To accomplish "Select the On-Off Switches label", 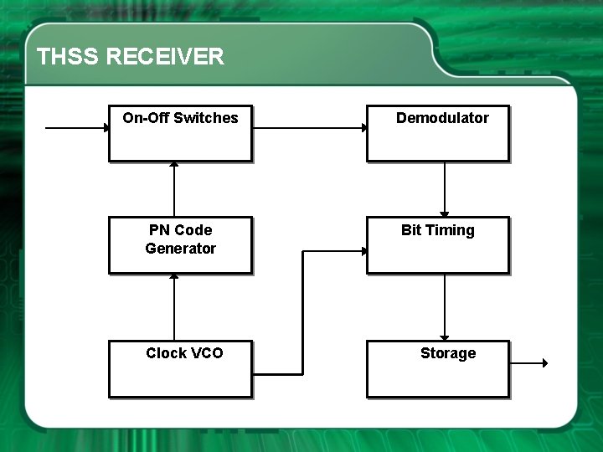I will (180, 118).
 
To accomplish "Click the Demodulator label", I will (442, 118).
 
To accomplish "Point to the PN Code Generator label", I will (180, 239).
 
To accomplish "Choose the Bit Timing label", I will (437, 230).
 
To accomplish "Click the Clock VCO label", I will (184, 353).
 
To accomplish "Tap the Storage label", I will (447, 353).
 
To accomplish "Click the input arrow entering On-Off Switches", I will (76, 128).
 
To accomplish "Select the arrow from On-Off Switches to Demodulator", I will (309, 128).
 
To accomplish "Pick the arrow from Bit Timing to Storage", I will (445, 306).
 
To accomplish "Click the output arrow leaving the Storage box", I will (528, 363).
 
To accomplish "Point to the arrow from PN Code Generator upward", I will (174, 190).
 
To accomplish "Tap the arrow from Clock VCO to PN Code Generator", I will (174, 306).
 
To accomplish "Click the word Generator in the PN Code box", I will (180, 249).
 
